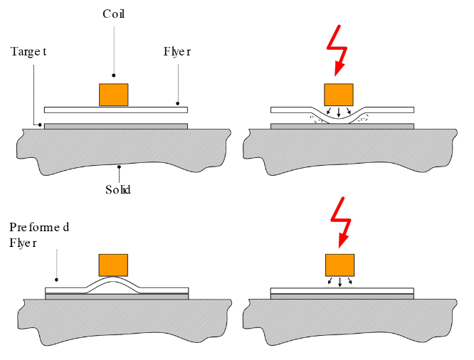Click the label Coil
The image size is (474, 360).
113,14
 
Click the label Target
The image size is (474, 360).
28,52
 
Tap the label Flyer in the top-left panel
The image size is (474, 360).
177,52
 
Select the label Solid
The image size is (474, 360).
117,190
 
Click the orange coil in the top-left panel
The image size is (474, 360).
114,95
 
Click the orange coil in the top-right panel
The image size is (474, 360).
338,95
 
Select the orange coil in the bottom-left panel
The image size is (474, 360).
113,265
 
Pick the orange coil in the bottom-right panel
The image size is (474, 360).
339,265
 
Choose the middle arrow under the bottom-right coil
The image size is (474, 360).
339,282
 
